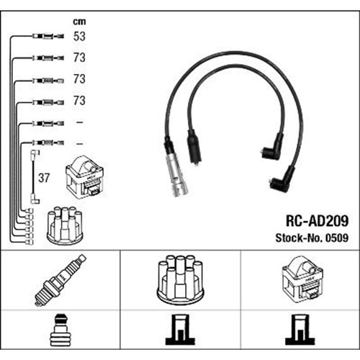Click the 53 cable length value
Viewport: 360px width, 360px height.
[x=79, y=36]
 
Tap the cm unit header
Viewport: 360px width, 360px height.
[x=79, y=22]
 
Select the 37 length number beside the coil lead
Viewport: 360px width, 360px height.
[x=44, y=178]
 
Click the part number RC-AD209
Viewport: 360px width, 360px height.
[x=317, y=221]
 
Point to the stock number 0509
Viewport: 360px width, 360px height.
[x=337, y=238]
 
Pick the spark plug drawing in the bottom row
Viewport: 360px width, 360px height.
[x=60, y=280]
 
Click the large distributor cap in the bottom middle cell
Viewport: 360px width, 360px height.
[x=180, y=279]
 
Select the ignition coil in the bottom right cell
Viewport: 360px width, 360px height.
[x=303, y=279]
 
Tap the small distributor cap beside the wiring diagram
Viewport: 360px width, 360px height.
[x=65, y=225]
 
